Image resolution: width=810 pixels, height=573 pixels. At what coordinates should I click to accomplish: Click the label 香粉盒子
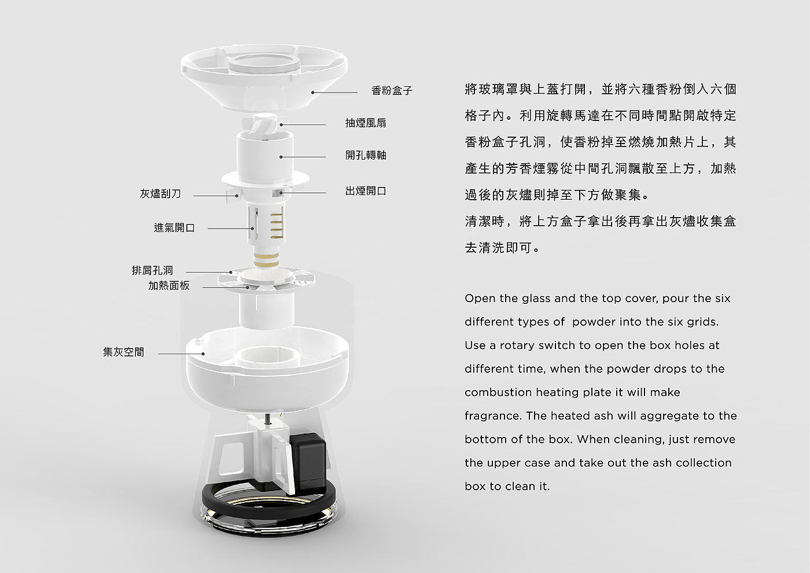(x=392, y=91)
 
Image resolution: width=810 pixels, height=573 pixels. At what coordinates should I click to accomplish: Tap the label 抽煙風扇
(x=366, y=123)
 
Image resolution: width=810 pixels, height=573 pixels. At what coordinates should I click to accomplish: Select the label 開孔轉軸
(x=366, y=155)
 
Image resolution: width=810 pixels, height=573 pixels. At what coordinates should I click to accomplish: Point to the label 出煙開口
(x=366, y=191)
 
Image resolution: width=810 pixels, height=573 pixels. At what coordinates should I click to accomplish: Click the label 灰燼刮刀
(x=160, y=194)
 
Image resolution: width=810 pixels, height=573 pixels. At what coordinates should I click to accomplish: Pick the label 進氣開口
(x=174, y=228)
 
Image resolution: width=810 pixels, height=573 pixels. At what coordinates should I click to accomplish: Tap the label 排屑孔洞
(x=152, y=270)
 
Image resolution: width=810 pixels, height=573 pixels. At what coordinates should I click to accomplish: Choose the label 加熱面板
(x=168, y=285)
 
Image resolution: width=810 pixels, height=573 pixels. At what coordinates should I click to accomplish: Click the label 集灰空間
(x=123, y=352)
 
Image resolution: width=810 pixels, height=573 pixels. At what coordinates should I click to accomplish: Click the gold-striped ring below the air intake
(x=267, y=258)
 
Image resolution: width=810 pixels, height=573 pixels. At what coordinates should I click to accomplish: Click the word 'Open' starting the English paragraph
(x=478, y=299)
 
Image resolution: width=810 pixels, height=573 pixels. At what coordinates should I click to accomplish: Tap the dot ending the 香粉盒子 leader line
(x=313, y=91)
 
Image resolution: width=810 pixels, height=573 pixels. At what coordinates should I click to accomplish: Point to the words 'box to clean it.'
(x=507, y=486)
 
